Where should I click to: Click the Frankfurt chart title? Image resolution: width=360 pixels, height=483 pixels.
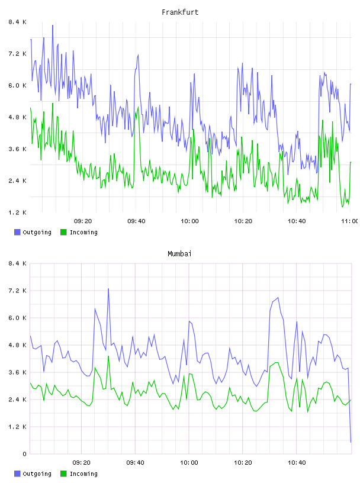(180, 12)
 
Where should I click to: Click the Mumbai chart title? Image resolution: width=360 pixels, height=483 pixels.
(179, 254)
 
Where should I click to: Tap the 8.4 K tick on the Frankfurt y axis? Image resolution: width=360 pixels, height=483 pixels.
(17, 22)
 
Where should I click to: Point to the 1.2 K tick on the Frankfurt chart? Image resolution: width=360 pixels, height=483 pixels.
(17, 212)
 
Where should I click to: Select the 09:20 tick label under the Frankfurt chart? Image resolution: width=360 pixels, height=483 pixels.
(83, 221)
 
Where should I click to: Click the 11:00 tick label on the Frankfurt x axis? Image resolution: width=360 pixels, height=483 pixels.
(350, 221)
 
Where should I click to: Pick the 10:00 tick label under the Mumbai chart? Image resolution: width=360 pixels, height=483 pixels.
(189, 463)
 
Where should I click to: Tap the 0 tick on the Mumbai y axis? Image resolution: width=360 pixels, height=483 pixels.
(24, 454)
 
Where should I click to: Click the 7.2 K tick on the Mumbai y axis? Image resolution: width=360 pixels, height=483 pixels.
(17, 291)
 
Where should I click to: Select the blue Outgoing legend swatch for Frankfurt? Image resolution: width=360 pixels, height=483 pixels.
(17, 232)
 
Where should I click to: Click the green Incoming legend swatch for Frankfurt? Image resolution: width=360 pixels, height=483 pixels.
(63, 232)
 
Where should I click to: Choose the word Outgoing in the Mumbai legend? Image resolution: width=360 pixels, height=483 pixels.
(37, 474)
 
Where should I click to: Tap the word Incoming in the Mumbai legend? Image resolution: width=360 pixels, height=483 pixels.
(83, 474)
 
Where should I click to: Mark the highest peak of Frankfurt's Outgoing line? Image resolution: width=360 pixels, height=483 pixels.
(53, 25)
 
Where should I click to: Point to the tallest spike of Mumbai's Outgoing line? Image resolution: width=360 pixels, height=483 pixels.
(108, 289)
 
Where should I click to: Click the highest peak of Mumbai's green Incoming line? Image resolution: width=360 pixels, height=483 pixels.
(108, 356)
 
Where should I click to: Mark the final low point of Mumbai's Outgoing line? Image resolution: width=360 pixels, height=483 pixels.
(351, 442)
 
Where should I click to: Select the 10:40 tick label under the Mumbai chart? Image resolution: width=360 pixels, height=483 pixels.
(297, 463)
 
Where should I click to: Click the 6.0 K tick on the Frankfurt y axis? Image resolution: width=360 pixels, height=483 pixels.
(17, 86)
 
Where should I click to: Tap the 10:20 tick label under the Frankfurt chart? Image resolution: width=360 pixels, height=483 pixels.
(243, 221)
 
